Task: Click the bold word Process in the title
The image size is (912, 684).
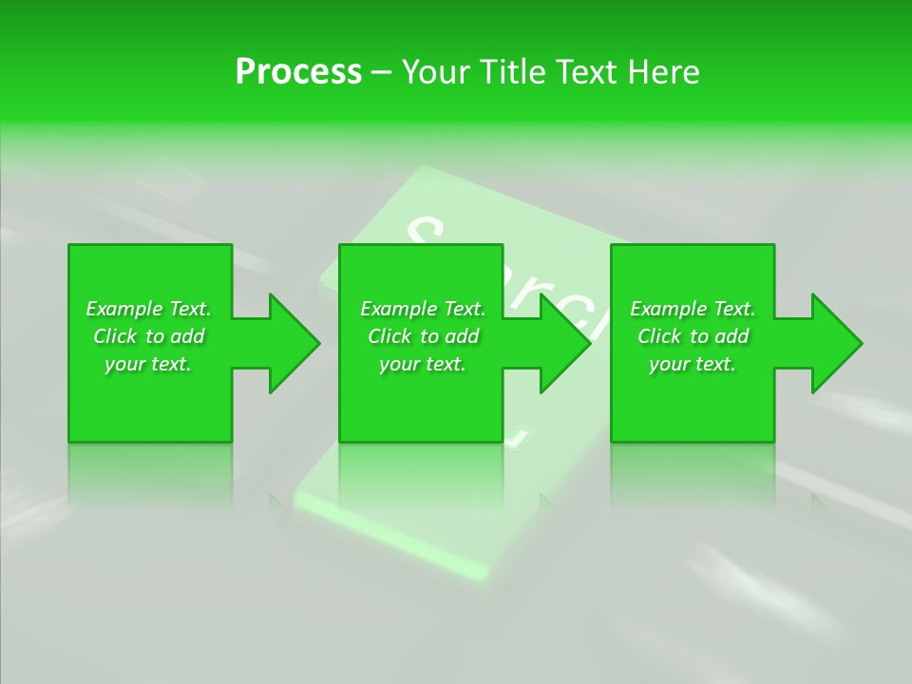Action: click(298, 72)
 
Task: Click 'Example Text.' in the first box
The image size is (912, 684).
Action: click(148, 309)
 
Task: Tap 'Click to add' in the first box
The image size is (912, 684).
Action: click(148, 336)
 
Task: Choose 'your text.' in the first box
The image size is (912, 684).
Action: click(148, 364)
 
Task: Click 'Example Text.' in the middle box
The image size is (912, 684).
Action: click(423, 309)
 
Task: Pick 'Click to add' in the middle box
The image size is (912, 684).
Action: click(423, 336)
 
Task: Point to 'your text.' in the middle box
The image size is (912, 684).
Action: click(423, 364)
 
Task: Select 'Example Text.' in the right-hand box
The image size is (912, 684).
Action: click(693, 309)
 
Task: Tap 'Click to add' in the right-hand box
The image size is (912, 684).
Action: click(693, 336)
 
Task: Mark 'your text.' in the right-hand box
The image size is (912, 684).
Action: click(693, 364)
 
